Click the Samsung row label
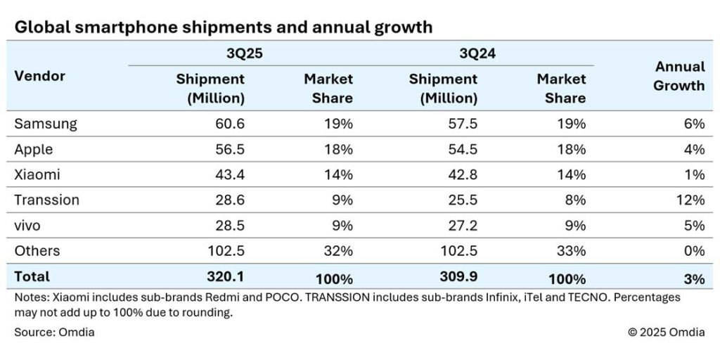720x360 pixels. (x=46, y=124)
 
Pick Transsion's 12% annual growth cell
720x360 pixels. (x=690, y=200)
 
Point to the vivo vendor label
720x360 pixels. (x=30, y=225)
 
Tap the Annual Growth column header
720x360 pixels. (x=679, y=76)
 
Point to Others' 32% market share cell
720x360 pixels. (x=340, y=250)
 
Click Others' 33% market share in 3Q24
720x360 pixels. (x=572, y=250)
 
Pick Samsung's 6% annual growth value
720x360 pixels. (x=693, y=124)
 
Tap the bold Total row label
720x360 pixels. (x=32, y=277)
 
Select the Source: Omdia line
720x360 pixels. (x=54, y=332)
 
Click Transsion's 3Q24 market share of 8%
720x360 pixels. (x=575, y=200)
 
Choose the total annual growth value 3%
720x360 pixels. (x=693, y=278)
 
